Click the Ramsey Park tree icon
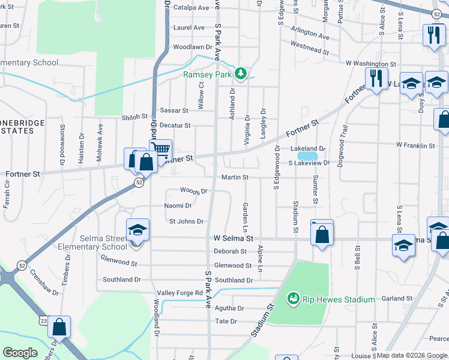coord(241,73)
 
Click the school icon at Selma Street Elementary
coord(137,230)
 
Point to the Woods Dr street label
coord(193,191)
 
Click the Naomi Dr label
coord(178,206)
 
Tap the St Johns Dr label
coord(186,221)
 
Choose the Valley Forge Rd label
coord(180,293)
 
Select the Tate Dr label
coord(226,322)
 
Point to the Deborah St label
coord(231,251)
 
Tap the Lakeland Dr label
coord(307,148)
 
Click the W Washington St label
coord(370,64)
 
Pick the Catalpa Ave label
coord(191,8)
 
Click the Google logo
coord(20,353)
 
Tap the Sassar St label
coord(175,111)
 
